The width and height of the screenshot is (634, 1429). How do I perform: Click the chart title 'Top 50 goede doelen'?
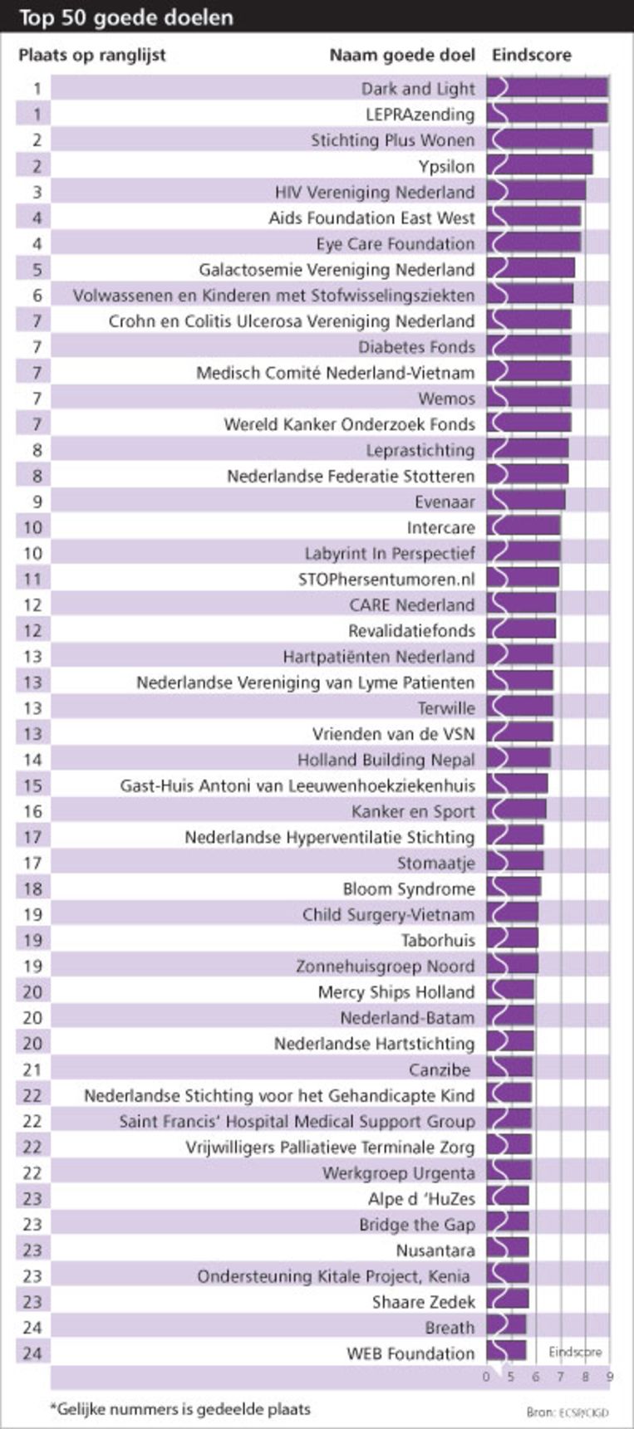pyautogui.click(x=126, y=17)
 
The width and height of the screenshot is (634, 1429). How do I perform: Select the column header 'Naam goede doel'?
pyautogui.click(x=402, y=56)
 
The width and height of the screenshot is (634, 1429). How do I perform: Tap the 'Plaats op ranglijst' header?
pyautogui.click(x=92, y=56)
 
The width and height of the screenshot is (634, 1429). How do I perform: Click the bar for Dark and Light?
pyautogui.click(x=548, y=88)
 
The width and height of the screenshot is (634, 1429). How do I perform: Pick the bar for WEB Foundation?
pyautogui.click(x=507, y=1353)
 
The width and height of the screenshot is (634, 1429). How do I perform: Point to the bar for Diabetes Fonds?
pyautogui.click(x=529, y=346)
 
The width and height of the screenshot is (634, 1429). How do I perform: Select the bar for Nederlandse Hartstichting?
pyautogui.click(x=510, y=1043)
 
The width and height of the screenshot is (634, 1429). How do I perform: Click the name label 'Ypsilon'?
pyautogui.click(x=446, y=166)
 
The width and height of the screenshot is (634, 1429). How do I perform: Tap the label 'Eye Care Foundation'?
pyautogui.click(x=396, y=243)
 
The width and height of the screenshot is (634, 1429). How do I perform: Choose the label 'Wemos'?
pyautogui.click(x=447, y=399)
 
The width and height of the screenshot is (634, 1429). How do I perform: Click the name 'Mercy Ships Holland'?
pyautogui.click(x=396, y=991)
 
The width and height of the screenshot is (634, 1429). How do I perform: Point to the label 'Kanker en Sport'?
pyautogui.click(x=413, y=811)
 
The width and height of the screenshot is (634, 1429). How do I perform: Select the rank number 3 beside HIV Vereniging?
pyautogui.click(x=37, y=192)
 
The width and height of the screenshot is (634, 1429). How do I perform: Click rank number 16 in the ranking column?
pyautogui.click(x=32, y=811)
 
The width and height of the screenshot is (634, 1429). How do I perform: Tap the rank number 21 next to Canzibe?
pyautogui.click(x=32, y=1069)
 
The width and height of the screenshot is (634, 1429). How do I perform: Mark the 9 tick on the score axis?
pyautogui.click(x=610, y=1378)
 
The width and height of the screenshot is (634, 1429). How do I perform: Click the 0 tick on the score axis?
pyautogui.click(x=486, y=1378)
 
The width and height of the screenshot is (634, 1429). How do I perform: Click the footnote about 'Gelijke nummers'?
pyautogui.click(x=180, y=1409)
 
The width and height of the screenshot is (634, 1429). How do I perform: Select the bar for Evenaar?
pyautogui.click(x=526, y=501)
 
